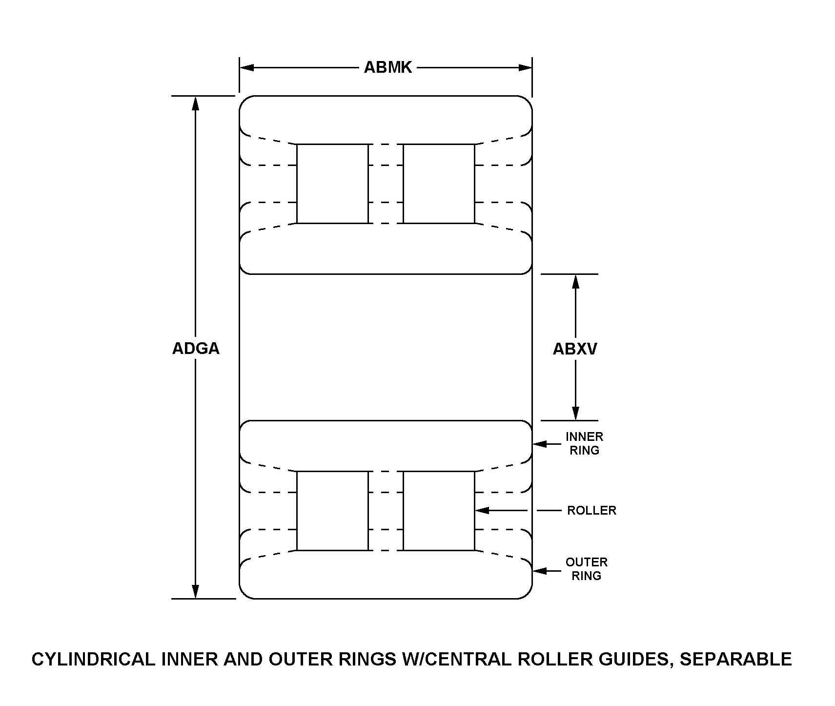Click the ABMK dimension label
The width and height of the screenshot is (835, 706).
388,67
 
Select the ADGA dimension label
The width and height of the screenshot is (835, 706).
196,349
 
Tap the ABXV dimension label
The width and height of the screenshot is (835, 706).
575,349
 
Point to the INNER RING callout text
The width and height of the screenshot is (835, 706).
584,443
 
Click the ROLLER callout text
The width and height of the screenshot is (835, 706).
591,511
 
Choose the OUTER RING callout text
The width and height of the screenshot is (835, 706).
586,569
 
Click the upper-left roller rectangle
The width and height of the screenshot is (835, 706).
332,184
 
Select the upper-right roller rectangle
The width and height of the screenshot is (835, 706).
439,184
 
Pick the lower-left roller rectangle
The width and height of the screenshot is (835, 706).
332,511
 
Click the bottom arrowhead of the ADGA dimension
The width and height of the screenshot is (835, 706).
196,591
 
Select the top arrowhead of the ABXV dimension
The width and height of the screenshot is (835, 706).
576,281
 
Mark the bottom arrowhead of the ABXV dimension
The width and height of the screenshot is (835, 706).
576,413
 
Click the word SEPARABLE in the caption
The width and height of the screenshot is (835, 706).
735,659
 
